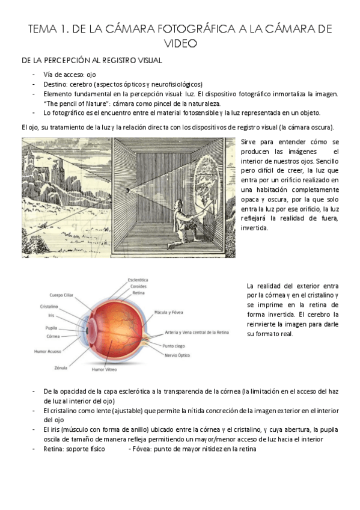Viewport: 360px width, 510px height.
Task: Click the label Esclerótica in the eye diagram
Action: coord(138,280)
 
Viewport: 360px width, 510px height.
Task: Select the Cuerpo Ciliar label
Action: coord(63,295)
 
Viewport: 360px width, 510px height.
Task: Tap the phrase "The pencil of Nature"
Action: coord(71,103)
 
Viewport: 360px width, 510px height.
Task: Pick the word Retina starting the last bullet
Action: coord(53,448)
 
